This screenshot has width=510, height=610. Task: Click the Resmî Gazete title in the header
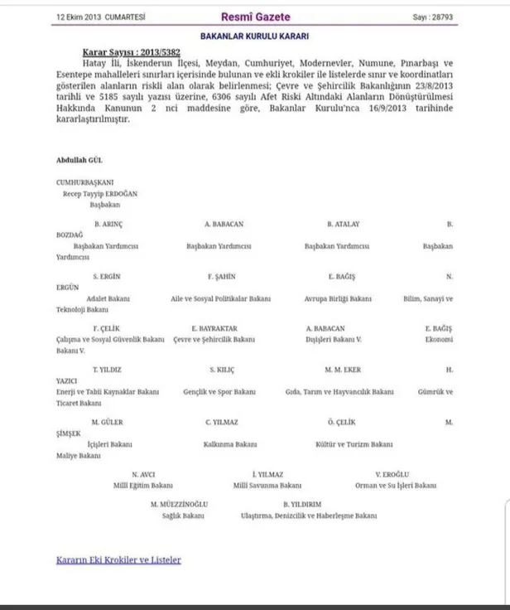[254, 17]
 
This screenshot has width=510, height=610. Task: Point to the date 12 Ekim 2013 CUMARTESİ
[96, 17]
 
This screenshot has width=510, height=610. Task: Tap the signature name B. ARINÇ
[109, 225]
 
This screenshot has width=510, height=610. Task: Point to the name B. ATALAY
[341, 225]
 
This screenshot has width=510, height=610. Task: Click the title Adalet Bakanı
[112, 297]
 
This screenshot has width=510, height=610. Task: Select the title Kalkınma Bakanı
[224, 443]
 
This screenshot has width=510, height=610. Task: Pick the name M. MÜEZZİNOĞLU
[179, 505]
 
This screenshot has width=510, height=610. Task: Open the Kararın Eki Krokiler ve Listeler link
[118, 559]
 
